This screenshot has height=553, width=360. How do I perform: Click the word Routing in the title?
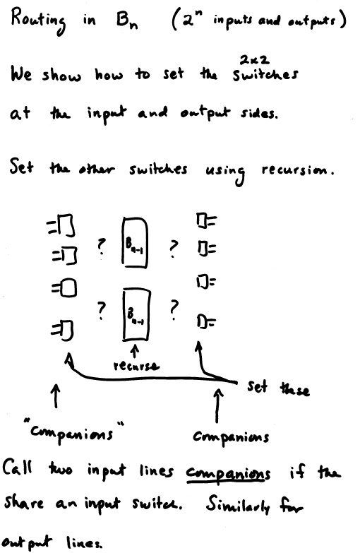click(x=38, y=20)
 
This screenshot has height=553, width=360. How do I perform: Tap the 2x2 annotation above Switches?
click(x=254, y=60)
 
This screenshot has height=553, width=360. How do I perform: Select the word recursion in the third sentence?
click(x=298, y=170)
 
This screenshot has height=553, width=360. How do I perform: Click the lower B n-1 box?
click(x=136, y=315)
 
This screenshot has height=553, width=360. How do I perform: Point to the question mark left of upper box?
click(x=101, y=246)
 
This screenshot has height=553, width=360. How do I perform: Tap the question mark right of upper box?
click(x=173, y=249)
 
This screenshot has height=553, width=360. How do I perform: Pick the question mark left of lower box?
click(x=101, y=310)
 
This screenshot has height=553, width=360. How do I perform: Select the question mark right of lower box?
click(x=174, y=309)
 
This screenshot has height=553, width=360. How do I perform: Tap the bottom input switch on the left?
click(x=62, y=331)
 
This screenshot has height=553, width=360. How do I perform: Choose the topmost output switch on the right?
click(x=206, y=220)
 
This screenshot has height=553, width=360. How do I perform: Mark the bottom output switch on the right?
click(x=206, y=321)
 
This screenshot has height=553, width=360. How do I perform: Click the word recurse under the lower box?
click(x=136, y=365)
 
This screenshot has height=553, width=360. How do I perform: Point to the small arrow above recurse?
click(x=134, y=352)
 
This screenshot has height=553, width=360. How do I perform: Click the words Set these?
click(x=278, y=388)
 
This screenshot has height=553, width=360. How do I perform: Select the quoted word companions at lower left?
click(x=74, y=432)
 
